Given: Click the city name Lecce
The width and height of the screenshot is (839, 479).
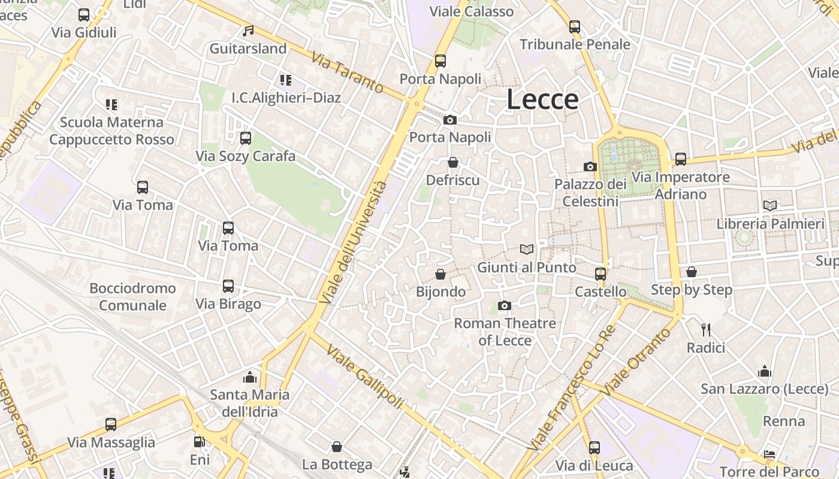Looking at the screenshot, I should tap(542, 99).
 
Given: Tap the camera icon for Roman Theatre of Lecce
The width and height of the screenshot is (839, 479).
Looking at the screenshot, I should tap(505, 306).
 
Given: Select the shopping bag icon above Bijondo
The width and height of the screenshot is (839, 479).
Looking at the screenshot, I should tap(440, 274).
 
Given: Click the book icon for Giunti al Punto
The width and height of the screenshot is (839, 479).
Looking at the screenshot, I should tap(527, 249).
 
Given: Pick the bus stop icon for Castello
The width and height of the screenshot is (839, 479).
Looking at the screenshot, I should tap(600, 274).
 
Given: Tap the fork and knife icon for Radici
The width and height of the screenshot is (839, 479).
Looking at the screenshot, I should tap(706, 329).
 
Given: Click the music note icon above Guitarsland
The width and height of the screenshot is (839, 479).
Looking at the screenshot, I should tap(248, 31).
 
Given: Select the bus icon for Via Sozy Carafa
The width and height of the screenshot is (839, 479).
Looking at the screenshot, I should tap(245, 138).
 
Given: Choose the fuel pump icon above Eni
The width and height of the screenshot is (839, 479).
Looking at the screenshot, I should tap(199, 442).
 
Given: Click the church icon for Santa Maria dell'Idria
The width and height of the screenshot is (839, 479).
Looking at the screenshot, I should tap(250, 377).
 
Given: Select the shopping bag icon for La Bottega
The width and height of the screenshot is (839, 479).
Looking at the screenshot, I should tap(337, 447).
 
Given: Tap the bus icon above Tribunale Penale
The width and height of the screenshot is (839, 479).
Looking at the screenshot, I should tap(575, 26).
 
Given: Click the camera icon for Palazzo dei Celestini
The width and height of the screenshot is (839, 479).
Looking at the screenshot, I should tap(590, 166).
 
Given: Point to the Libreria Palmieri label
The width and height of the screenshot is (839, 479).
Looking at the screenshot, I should tap(771, 224).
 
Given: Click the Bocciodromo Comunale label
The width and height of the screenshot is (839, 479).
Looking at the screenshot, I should tap(132, 297).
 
